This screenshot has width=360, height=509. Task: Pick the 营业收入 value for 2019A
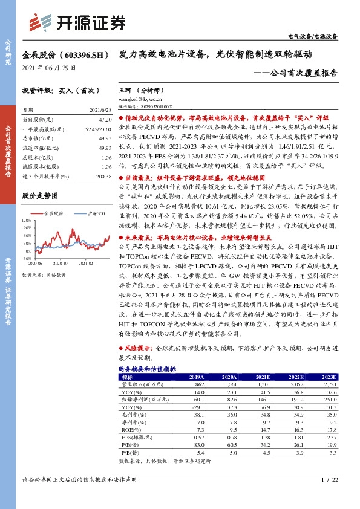[x=200, y=384]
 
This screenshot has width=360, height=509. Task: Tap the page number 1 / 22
[x=329, y=496]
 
